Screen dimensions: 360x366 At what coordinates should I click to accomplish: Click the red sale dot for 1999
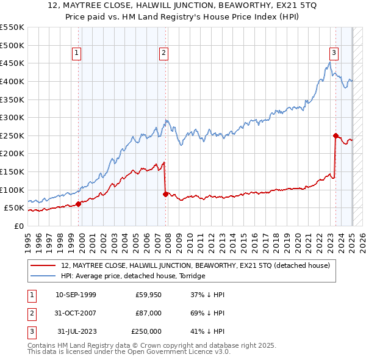(79, 204)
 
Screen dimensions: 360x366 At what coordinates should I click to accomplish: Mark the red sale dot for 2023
(335, 135)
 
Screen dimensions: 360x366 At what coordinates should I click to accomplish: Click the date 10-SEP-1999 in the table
(76, 295)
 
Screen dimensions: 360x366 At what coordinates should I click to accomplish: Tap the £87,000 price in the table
(149, 313)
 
